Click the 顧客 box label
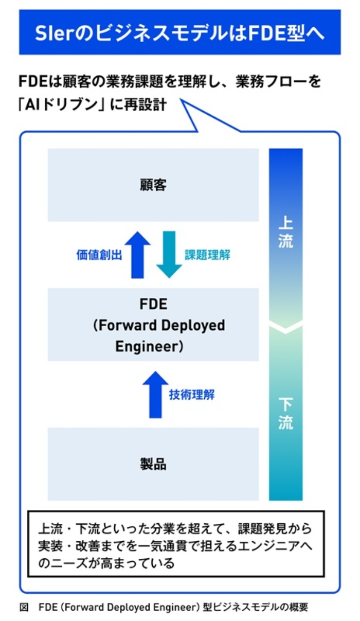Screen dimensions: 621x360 coord(153,185)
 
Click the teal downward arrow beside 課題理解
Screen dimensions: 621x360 coord(169,254)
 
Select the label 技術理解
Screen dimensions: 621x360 coord(191,395)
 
